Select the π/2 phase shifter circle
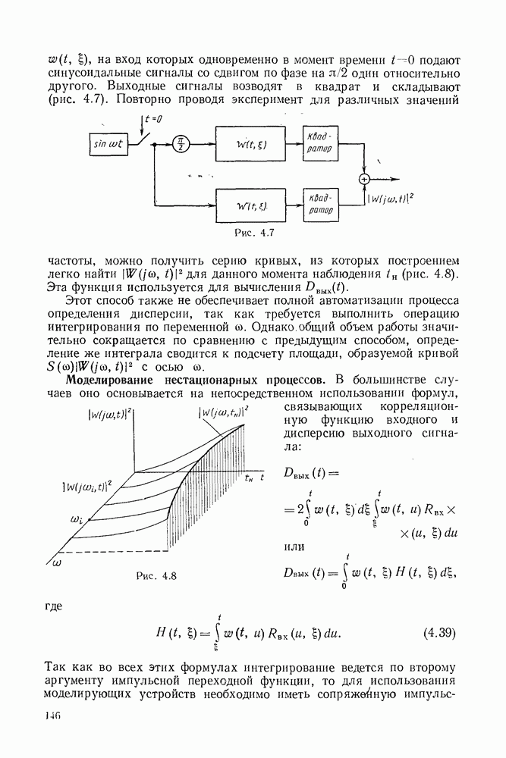click(181, 144)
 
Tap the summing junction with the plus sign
click(364, 180)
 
